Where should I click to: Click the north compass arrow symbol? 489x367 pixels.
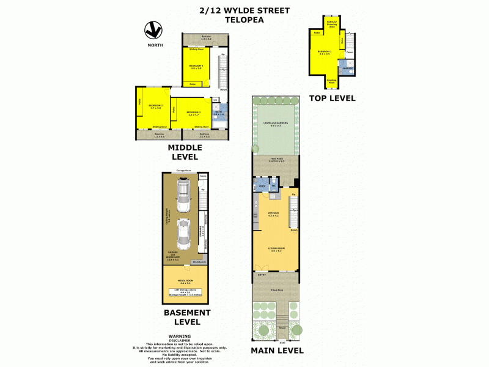[x=153, y=29]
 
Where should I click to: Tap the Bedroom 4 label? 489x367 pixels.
[x=196, y=66]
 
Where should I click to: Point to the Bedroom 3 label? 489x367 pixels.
[x=193, y=113]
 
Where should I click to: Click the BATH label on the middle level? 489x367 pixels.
[x=218, y=113]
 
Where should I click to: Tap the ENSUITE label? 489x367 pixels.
[x=346, y=69]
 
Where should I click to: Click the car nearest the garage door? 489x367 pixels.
[x=182, y=191]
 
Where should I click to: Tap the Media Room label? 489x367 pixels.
[x=186, y=282]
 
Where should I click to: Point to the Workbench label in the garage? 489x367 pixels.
[x=199, y=262]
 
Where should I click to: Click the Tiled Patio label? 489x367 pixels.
[x=275, y=161]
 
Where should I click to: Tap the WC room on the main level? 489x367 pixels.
[x=274, y=185]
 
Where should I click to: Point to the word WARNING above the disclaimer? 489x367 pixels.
[x=180, y=336]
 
